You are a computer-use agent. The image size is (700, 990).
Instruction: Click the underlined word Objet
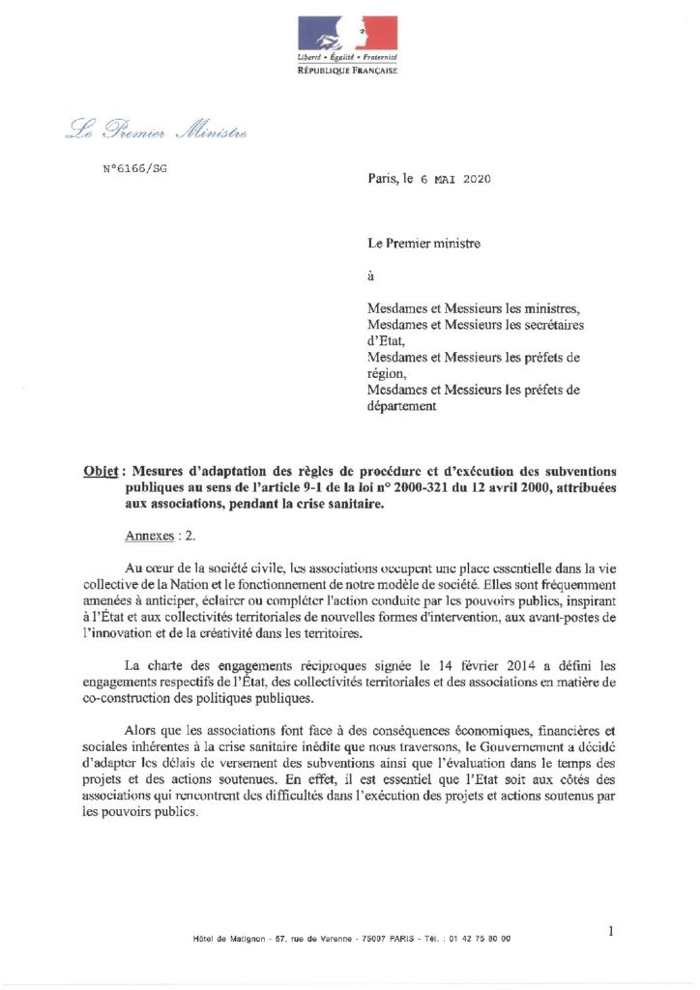[x=102, y=472]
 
